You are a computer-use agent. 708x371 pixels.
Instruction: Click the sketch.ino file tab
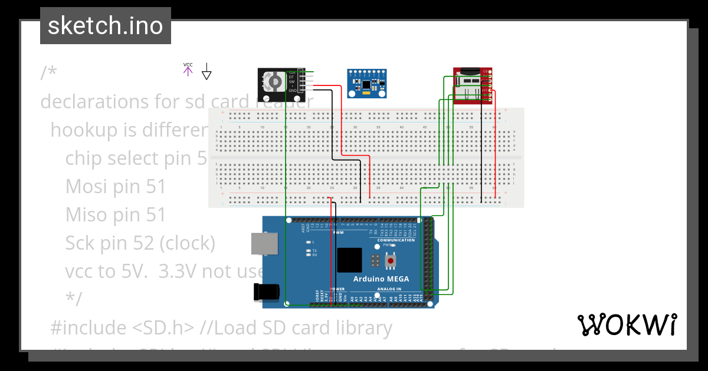pyautogui.click(x=106, y=26)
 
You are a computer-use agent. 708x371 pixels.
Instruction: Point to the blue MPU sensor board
pyautogui.click(x=366, y=83)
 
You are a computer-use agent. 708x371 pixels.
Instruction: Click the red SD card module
pyautogui.click(x=472, y=86)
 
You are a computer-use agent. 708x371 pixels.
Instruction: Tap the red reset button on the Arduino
pyautogui.click(x=391, y=260)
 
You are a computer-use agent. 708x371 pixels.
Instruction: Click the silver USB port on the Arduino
pyautogui.click(x=264, y=244)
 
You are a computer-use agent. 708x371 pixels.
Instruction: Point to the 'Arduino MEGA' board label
pyautogui.click(x=381, y=279)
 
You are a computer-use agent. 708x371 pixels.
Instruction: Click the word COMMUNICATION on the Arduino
pyautogui.click(x=396, y=240)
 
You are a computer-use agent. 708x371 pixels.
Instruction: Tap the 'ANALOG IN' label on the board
pyautogui.click(x=388, y=289)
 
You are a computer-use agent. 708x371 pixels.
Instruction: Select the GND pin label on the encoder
pyautogui.click(x=292, y=91)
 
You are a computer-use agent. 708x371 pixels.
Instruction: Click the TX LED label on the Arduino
pyautogui.click(x=314, y=250)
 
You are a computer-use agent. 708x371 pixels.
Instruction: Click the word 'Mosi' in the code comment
pyautogui.click(x=87, y=186)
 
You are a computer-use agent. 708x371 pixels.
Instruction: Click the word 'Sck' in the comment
pyautogui.click(x=83, y=243)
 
